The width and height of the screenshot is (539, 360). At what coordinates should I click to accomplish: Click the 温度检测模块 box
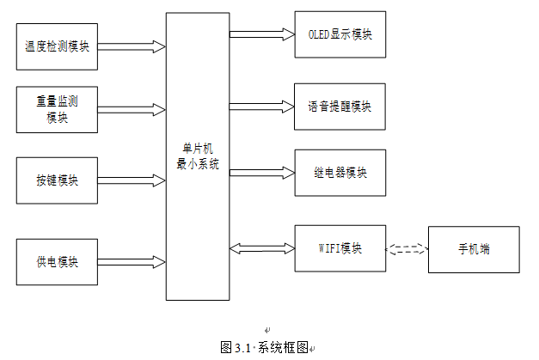coord(57,46)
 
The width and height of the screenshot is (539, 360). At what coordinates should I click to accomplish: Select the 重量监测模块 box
coord(57,110)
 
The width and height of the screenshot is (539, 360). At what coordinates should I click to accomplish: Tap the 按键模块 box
coord(57,180)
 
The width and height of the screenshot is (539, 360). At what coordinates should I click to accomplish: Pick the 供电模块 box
coord(57,262)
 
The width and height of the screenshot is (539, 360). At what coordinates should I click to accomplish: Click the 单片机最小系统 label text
coord(198,156)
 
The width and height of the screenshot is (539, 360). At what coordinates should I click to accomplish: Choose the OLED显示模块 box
coord(340,34)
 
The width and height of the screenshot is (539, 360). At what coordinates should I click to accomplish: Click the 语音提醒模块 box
coord(340,107)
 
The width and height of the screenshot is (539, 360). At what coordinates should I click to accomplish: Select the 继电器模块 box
coord(340,173)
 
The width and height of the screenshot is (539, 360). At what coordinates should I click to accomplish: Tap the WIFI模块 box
coord(340,248)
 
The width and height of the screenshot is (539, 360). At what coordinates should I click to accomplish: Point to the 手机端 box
coord(474,249)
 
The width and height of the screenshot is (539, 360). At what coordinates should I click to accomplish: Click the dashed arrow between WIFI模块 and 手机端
coord(407,249)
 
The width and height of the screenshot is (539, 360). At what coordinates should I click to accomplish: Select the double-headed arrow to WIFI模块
coord(262,248)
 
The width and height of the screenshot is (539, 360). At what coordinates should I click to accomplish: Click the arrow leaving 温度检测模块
coord(132,46)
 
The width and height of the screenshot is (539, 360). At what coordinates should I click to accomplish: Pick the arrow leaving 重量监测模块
coord(132,110)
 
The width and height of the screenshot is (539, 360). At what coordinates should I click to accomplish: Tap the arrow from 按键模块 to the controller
coord(132,180)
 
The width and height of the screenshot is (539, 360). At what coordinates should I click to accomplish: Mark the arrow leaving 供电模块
coord(132,262)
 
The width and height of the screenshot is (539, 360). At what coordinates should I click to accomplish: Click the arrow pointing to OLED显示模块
coord(262,34)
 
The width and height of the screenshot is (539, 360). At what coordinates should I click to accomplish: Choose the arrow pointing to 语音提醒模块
coord(261,107)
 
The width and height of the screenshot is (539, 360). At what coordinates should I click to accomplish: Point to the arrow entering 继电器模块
coord(262,173)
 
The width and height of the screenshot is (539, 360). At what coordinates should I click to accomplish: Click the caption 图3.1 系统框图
coord(264,348)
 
